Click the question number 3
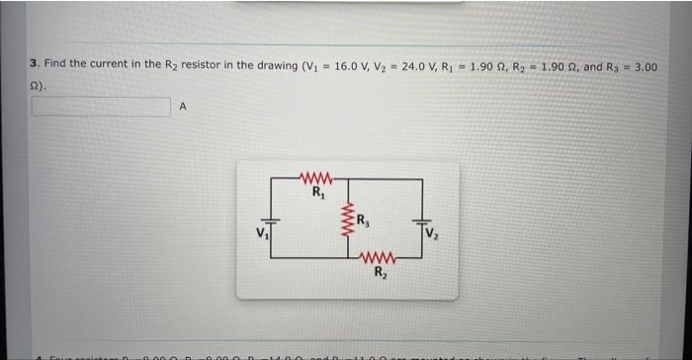pyautogui.click(x=34, y=64)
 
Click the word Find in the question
pyautogui.click(x=54, y=64)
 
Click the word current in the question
pyautogui.click(x=117, y=64)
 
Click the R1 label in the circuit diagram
pyautogui.click(x=317, y=192)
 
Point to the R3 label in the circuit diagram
pyautogui.click(x=364, y=219)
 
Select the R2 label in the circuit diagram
pyautogui.click(x=381, y=274)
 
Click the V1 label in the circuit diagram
pyautogui.click(x=259, y=234)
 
